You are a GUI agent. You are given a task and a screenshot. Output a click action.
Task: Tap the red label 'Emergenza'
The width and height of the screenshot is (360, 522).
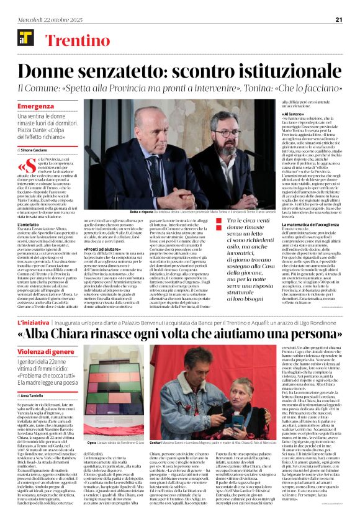[x=35, y=106]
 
